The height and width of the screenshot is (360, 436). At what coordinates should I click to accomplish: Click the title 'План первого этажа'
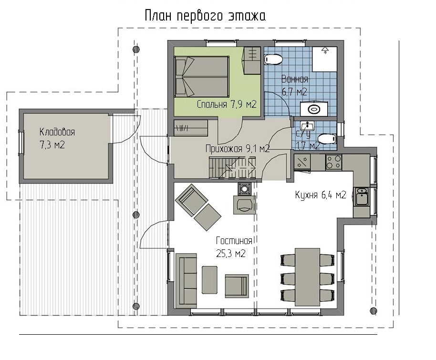pyautogui.click(x=205, y=16)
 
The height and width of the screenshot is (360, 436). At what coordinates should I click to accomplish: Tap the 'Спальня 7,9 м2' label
pyautogui.click(x=226, y=104)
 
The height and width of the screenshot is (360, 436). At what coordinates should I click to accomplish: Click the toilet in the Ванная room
pyautogui.click(x=273, y=60)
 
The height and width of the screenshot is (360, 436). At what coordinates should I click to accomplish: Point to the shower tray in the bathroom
pyautogui.click(x=324, y=59)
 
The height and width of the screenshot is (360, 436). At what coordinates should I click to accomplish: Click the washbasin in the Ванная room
pyautogui.click(x=314, y=109)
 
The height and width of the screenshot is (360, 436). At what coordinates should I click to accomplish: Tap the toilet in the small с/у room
pyautogui.click(x=327, y=139)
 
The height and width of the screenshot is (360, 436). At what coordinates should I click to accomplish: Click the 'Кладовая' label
pyautogui.click(x=57, y=132)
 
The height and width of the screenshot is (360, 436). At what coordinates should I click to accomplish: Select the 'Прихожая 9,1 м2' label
pyautogui.click(x=238, y=149)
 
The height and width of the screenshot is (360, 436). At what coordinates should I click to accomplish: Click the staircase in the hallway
pyautogui.click(x=232, y=167)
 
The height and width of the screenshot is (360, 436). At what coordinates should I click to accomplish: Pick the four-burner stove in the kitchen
pyautogui.click(x=333, y=162)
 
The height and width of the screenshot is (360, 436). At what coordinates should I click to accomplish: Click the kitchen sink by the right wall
pyautogui.click(x=362, y=196)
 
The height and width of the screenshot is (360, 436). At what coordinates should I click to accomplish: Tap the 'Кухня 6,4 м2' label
pyautogui.click(x=321, y=195)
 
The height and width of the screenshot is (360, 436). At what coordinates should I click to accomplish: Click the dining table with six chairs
pyautogui.click(x=307, y=277)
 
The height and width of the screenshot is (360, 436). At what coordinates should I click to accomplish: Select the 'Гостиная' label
pyautogui.click(x=234, y=240)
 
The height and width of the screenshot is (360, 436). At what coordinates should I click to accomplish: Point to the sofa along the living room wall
pyautogui.click(x=186, y=280)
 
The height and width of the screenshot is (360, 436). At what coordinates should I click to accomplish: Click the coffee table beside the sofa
pyautogui.click(x=210, y=280)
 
